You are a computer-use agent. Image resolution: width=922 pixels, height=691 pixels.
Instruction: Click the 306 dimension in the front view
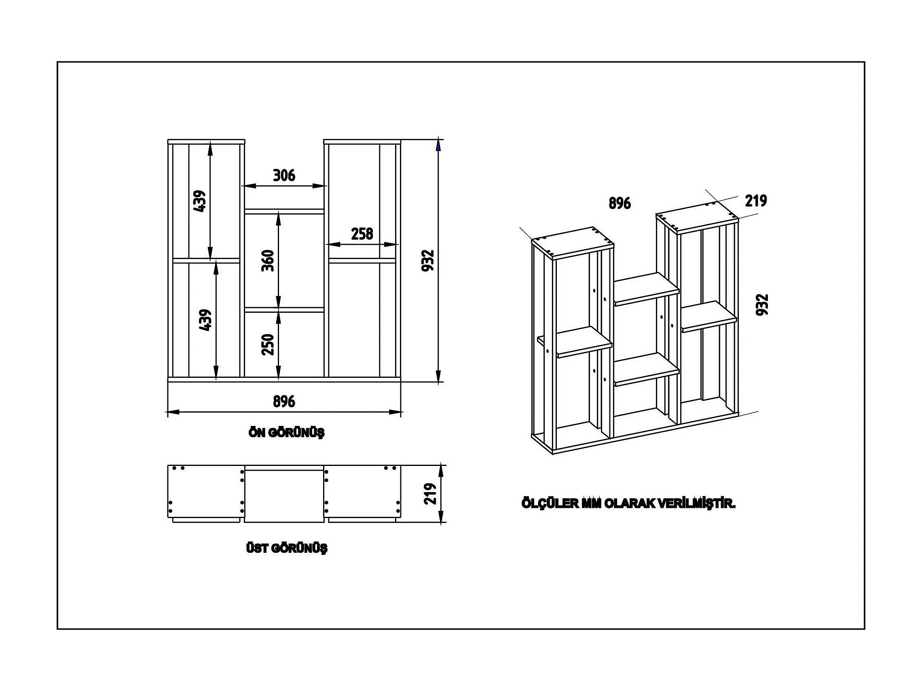point(284,175)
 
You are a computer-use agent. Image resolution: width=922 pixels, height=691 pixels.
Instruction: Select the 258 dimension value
point(362,234)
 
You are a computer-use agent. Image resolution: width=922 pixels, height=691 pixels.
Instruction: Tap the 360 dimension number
point(268,261)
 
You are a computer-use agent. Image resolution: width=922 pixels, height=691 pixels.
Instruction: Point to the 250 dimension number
point(268,344)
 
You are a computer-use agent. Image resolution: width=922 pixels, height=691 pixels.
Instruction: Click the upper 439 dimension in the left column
point(200,201)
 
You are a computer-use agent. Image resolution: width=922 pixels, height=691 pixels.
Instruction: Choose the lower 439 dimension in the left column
point(205,320)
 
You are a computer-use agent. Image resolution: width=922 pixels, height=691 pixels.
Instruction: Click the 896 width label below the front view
point(284,402)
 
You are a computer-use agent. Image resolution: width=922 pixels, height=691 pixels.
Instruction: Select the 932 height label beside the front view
point(428,261)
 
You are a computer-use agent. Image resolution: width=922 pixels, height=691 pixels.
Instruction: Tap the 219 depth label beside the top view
point(430,494)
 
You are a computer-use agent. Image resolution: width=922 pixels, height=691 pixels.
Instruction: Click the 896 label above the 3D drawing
point(620,203)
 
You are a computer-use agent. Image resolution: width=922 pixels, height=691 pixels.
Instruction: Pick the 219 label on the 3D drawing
point(756,201)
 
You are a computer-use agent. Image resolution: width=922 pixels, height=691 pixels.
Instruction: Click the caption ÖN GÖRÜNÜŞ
point(286,433)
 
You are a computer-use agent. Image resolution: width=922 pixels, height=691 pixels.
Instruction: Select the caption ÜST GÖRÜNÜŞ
point(287,548)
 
